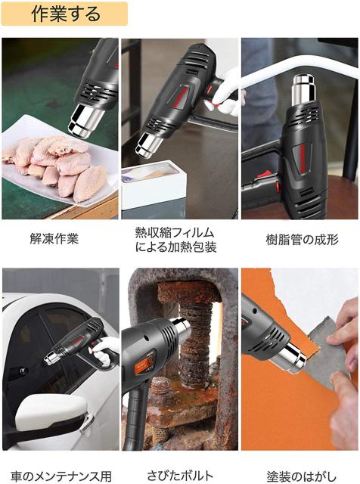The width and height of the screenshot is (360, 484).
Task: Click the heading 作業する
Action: pos(66,14)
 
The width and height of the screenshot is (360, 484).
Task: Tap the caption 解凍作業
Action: pos(54,239)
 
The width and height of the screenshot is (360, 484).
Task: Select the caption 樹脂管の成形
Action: pos(303,240)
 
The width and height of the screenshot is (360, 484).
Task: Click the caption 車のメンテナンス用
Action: pos(61,476)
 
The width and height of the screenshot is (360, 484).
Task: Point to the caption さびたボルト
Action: pos(180,476)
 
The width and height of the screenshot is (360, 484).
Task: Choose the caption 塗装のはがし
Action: pos(301,476)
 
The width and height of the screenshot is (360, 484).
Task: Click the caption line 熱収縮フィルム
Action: pos(175,232)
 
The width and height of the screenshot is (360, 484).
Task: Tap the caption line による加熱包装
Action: pos(175,247)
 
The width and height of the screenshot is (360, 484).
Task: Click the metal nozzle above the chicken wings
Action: pos(84,121)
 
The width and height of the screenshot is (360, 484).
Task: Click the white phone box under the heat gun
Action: pos(154,184)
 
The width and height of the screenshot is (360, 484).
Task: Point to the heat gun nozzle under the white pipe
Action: pos(304,90)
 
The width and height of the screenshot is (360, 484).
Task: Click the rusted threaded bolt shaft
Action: pos(195,343)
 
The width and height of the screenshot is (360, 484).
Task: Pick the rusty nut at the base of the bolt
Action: pos(160,386)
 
